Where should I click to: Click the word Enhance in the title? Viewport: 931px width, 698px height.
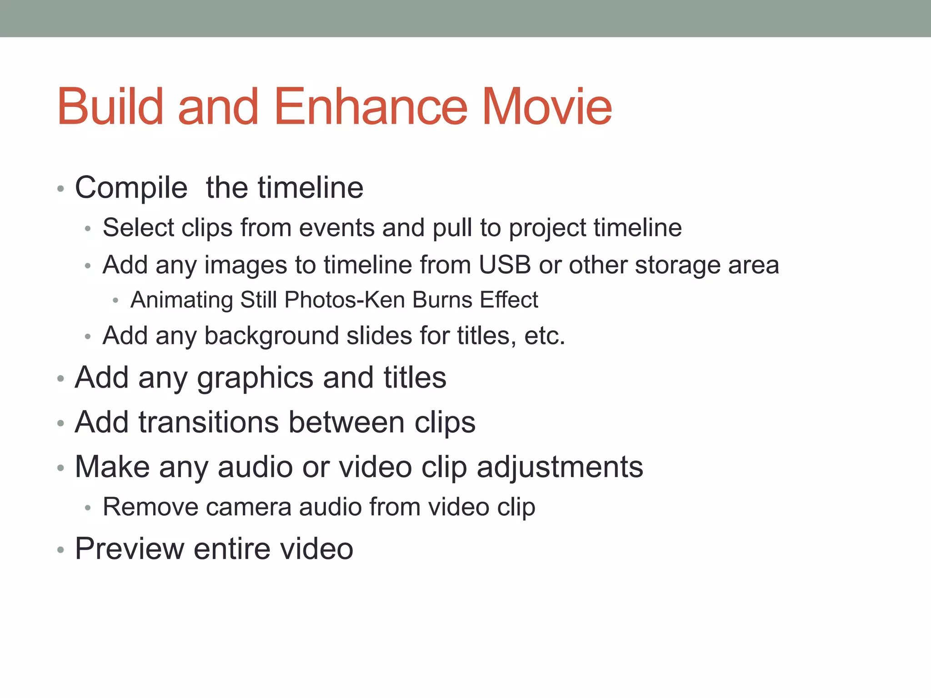370,107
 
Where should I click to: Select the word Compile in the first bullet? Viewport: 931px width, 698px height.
131,188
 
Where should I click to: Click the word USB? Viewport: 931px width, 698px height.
505,265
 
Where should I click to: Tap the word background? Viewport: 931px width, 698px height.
271,336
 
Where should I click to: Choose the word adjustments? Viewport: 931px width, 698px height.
560,468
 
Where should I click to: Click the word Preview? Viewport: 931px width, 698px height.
129,549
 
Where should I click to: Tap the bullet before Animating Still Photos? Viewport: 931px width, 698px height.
115,300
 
